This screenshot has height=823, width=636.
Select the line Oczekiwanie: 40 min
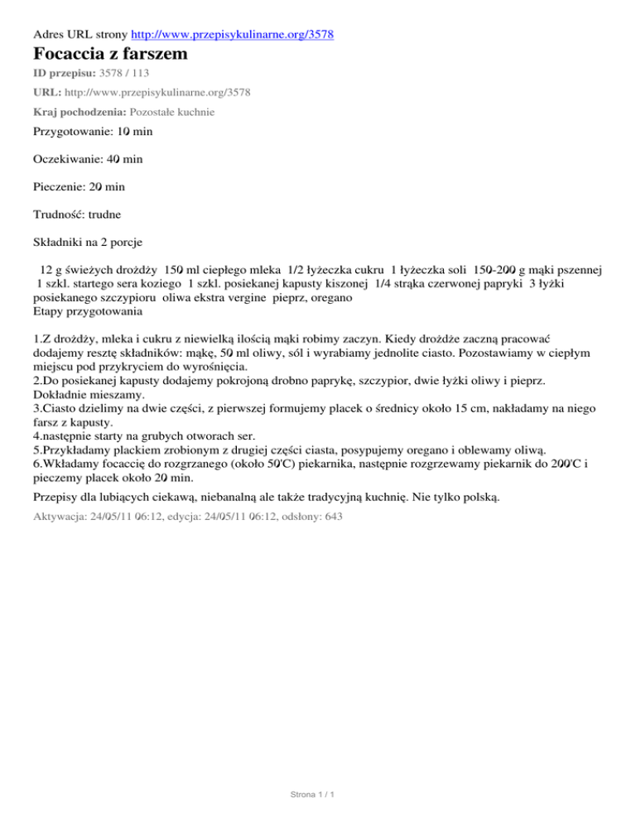[x=92, y=158]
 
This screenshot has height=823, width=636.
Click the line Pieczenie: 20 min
[x=85, y=186]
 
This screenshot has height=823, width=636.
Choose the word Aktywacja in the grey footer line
[x=60, y=516]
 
